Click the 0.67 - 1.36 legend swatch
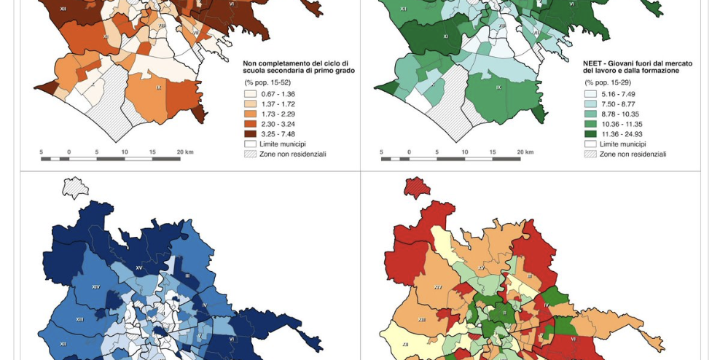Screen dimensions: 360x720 250,94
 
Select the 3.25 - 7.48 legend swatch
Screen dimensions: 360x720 250,134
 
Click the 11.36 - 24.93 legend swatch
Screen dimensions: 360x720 590,134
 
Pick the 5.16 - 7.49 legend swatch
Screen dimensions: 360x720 590,94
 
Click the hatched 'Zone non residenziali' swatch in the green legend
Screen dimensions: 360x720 590,154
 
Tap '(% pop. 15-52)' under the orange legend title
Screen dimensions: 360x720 265,82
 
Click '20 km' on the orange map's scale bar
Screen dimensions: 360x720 184,152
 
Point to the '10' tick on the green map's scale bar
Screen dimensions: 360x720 465,152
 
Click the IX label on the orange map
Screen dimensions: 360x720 159,87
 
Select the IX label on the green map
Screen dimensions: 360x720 498,87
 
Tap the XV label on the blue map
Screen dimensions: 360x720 139,267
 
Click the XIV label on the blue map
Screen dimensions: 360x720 95,287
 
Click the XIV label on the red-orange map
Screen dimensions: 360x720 437,286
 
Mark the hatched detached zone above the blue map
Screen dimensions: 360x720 75,187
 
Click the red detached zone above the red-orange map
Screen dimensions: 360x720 416,187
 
